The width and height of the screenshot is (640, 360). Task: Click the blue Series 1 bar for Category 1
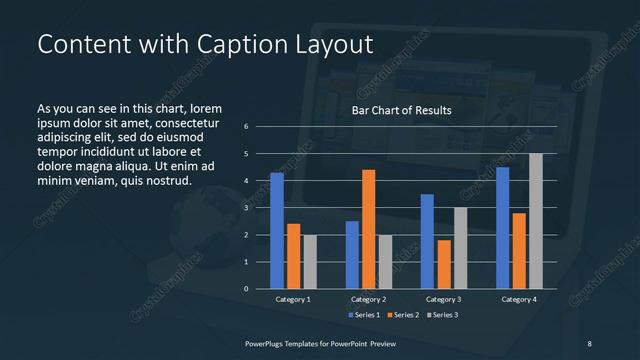(x=277, y=231)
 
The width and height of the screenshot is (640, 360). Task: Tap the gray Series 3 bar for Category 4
(x=535, y=221)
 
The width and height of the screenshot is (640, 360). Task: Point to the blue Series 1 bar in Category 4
(x=503, y=228)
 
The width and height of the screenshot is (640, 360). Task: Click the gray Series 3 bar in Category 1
(x=309, y=262)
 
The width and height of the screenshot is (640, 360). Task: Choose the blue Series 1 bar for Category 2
(x=352, y=255)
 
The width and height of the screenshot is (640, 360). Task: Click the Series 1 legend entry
(x=364, y=315)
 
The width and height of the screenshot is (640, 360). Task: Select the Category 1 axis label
(x=293, y=299)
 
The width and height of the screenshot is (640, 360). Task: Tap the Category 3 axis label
(x=444, y=299)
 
